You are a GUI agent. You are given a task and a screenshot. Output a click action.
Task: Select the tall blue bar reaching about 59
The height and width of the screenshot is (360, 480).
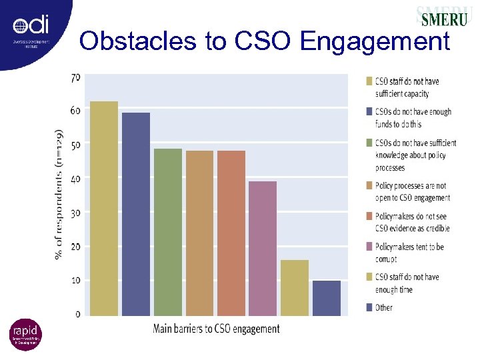point(136,214)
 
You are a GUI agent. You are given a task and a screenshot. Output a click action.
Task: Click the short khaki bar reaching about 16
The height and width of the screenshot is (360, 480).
point(295,287)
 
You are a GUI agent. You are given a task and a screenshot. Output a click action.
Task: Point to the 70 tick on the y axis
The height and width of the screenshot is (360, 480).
point(75,77)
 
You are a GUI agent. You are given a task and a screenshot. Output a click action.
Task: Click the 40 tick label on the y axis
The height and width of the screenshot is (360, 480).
point(75,179)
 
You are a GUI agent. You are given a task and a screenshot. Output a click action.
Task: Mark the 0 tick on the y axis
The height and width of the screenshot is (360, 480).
point(77,313)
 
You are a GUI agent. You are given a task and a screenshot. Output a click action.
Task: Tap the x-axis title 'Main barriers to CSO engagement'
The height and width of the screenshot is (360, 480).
point(217,329)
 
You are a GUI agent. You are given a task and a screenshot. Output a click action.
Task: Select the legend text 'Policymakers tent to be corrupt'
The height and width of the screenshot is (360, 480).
point(409,253)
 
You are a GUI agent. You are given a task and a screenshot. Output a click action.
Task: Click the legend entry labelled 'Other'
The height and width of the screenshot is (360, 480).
point(383,307)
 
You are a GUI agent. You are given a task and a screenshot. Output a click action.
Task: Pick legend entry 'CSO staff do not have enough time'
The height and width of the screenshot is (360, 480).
point(407,283)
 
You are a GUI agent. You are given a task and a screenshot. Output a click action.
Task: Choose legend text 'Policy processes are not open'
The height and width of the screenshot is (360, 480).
point(412,191)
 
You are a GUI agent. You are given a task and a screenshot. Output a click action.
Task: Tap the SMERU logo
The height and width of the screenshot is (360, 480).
point(442,16)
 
